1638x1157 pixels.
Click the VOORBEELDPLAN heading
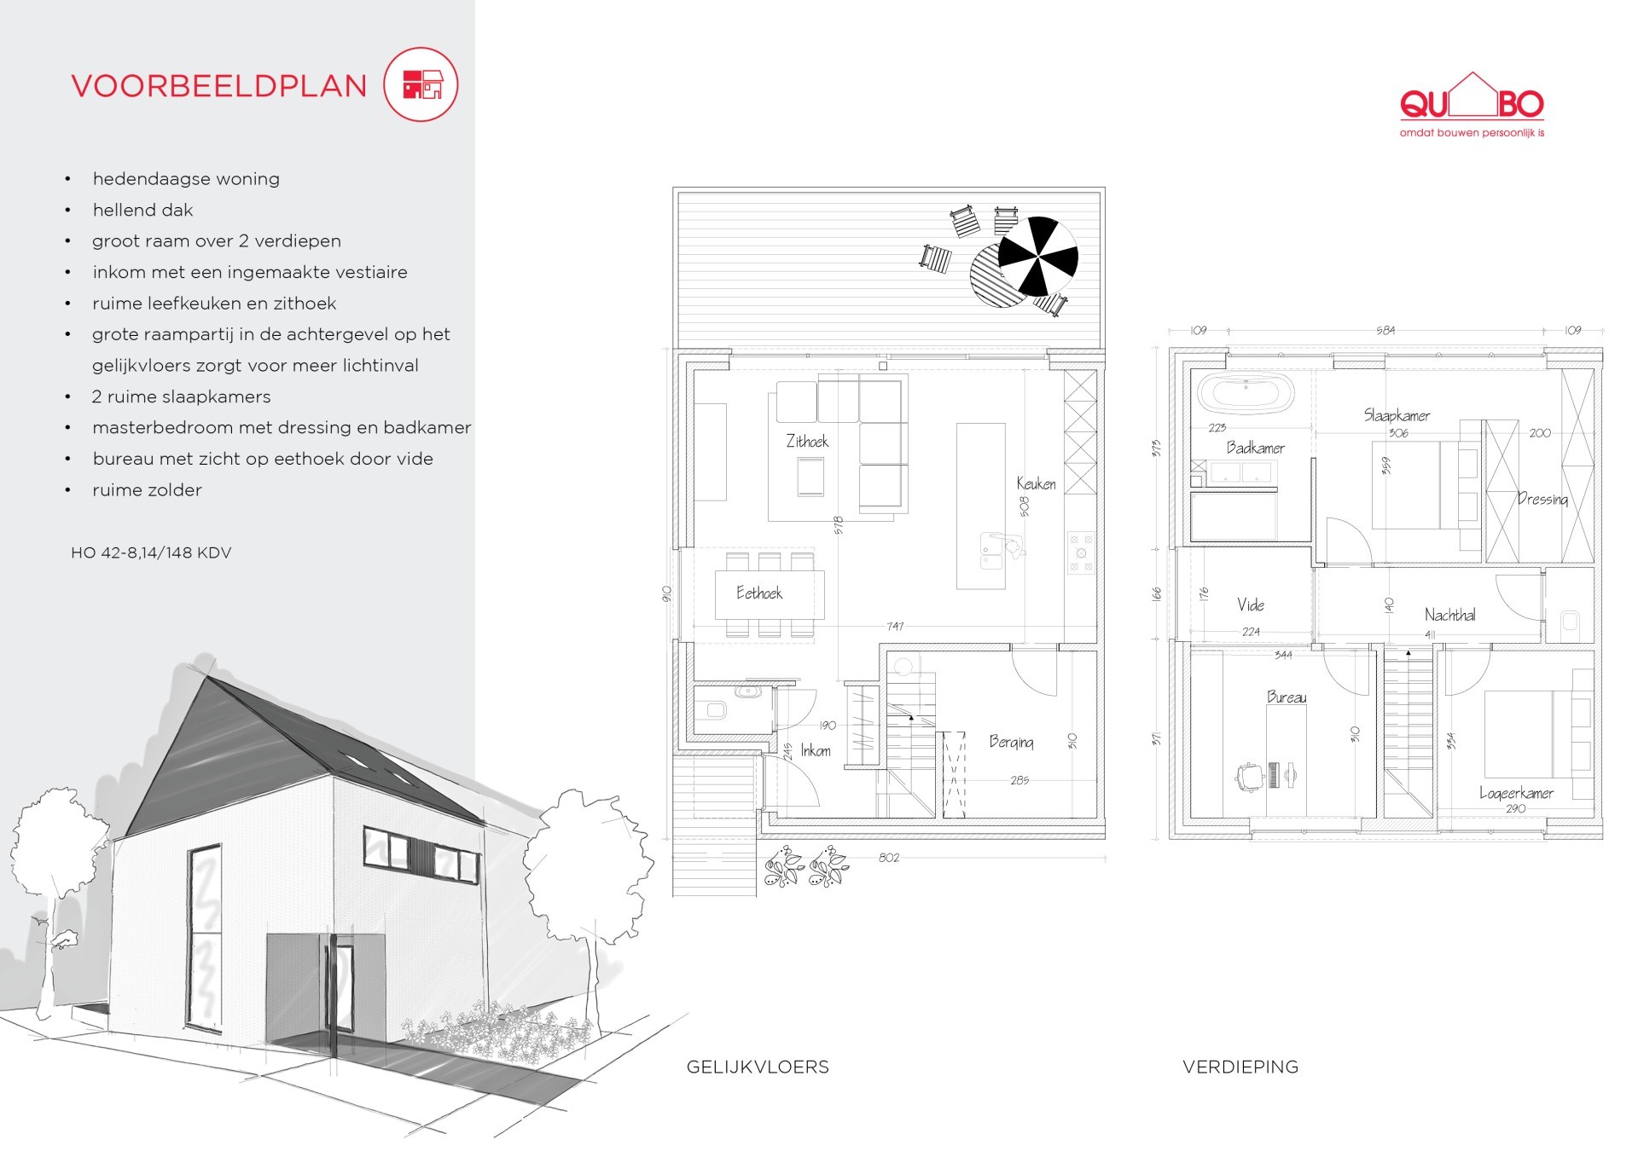[x=219, y=86]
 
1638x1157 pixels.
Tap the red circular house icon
[x=421, y=84]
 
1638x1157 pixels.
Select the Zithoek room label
[x=807, y=441]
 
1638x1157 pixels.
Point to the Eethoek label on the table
[x=759, y=593]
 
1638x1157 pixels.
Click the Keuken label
[x=1036, y=483]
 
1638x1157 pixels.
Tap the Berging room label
[x=1011, y=742]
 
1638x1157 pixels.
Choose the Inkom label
[x=816, y=750]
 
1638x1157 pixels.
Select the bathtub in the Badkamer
[x=1246, y=394]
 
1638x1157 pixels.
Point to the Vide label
[x=1251, y=605]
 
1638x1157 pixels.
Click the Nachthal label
[x=1449, y=615]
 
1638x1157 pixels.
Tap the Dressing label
[x=1542, y=499]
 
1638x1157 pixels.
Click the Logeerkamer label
[x=1516, y=793]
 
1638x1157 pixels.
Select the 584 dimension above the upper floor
[x=1385, y=330]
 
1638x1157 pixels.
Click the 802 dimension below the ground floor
[x=889, y=857]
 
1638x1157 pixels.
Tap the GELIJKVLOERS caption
[x=758, y=1067]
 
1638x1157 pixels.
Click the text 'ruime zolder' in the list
[x=148, y=490]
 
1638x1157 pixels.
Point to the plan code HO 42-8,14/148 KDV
[x=151, y=552]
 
